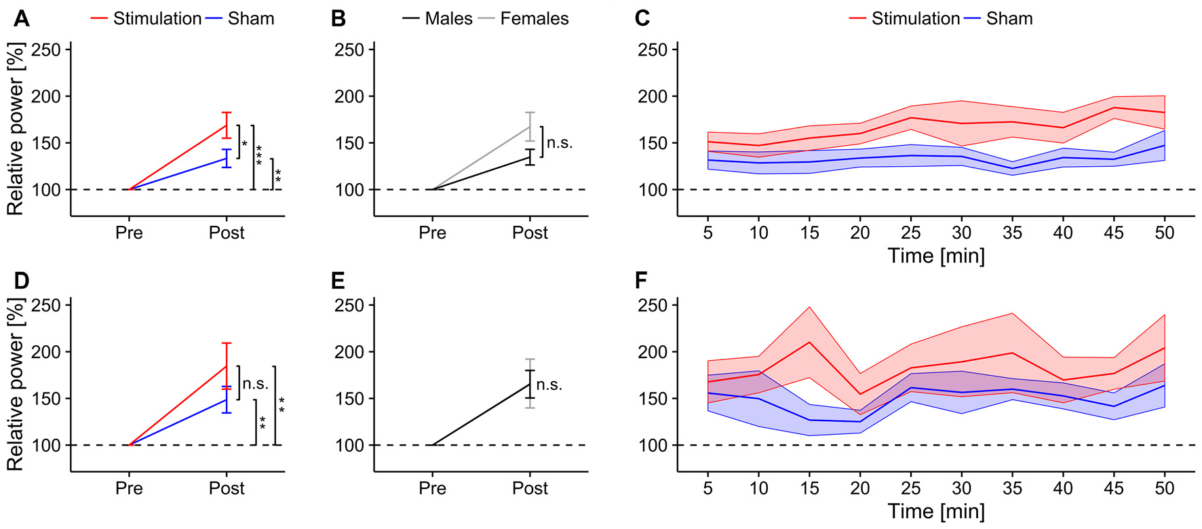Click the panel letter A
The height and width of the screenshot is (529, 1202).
[x=21, y=18]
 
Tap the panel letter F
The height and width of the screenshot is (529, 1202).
[x=641, y=279]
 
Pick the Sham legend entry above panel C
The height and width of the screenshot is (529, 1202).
[x=1009, y=18]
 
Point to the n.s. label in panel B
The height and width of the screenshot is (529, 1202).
[x=560, y=142]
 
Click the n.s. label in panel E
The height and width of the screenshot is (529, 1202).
[x=549, y=385]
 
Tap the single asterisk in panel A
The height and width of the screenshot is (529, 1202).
[x=245, y=144]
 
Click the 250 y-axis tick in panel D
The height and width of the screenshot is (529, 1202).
[x=46, y=305]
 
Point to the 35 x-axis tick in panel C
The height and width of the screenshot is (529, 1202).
[x=1012, y=233]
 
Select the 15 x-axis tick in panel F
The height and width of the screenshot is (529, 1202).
[x=809, y=488]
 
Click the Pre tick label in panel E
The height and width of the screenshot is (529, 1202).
[x=432, y=488]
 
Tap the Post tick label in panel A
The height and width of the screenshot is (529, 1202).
[x=227, y=233]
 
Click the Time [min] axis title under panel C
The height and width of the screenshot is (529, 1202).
[x=936, y=256]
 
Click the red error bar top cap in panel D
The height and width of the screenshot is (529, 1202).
[x=227, y=343]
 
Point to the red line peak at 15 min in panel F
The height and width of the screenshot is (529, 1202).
[x=809, y=342]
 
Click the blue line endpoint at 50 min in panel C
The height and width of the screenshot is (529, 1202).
[x=1164, y=145]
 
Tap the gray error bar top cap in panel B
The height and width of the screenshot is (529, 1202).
[x=530, y=113]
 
